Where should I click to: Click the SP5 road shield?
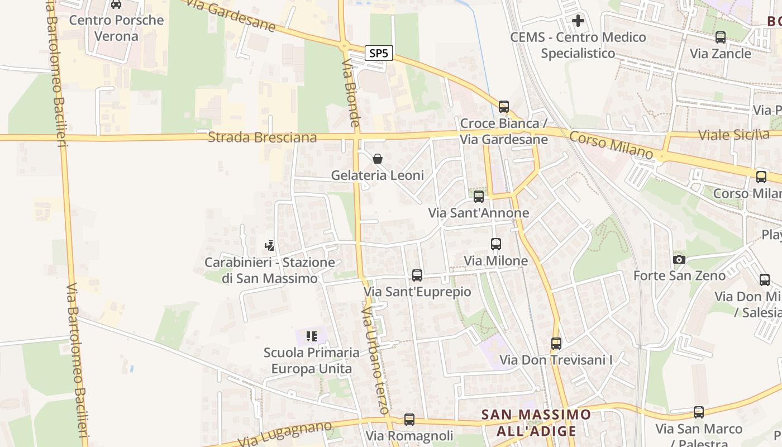379,54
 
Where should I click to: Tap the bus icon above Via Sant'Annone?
479,196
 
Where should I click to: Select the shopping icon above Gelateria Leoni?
378,159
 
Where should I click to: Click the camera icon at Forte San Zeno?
679,259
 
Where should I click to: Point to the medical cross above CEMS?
578,21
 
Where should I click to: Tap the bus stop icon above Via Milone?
496,244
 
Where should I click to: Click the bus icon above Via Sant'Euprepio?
417,275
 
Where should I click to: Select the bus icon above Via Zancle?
721,37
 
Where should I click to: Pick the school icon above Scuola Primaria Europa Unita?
312,336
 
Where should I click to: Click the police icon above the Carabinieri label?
270,245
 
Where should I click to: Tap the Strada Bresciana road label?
262,137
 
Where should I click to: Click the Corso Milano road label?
611,144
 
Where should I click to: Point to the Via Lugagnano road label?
284,434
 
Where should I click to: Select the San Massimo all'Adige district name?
536,422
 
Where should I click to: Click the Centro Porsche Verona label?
116,28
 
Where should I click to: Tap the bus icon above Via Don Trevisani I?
556,343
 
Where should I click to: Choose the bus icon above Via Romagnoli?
409,419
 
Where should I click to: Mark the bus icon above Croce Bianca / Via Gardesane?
504,106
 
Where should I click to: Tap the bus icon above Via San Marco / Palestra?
699,412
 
